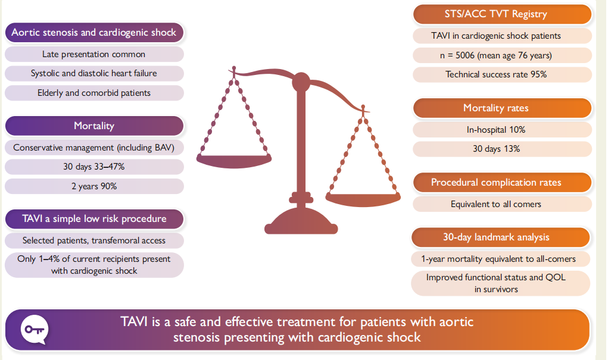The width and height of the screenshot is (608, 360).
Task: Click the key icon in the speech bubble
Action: pos(35,330)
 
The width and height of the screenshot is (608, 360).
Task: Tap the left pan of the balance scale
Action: pos(234,161)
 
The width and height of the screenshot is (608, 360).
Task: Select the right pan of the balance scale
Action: pos(363,199)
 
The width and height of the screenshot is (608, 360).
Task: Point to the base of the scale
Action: pos(301,221)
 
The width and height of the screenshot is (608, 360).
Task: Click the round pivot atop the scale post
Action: pos(301,82)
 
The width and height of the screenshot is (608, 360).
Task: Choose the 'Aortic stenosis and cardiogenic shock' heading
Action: pos(94,33)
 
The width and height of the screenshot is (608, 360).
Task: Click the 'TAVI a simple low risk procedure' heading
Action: pos(94,219)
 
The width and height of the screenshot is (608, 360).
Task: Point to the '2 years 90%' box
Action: pos(94,186)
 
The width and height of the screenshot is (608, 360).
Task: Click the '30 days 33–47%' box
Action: pos(94,167)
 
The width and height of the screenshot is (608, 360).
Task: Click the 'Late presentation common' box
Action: pos(94,54)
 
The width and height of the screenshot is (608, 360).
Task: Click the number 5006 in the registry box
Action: pos(465,55)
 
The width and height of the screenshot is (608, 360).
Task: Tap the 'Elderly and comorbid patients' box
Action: pos(94,93)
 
